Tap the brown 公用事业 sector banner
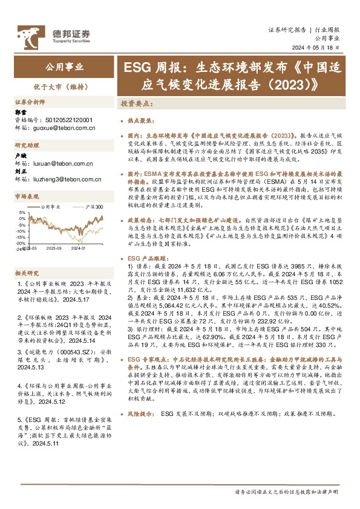[65, 67]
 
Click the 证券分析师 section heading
[31, 102]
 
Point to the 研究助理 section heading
[27, 146]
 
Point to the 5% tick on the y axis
[22, 213]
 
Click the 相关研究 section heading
[27, 273]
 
